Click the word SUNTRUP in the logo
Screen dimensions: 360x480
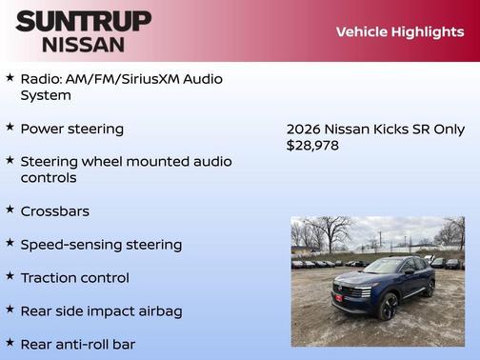pyautogui.click(x=83, y=21)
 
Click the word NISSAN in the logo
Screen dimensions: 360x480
pyautogui.click(x=83, y=44)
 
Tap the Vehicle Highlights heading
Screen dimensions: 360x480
pyautogui.click(x=399, y=32)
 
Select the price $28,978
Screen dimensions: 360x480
pyautogui.click(x=312, y=146)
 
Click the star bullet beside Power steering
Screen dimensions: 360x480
pyautogui.click(x=10, y=127)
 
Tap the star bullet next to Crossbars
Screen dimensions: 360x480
pyautogui.click(x=10, y=210)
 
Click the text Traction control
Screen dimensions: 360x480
pyautogui.click(x=74, y=278)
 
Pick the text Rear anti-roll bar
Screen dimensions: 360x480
pyautogui.click(x=77, y=344)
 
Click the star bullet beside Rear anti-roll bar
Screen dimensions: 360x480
pyautogui.click(x=10, y=342)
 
